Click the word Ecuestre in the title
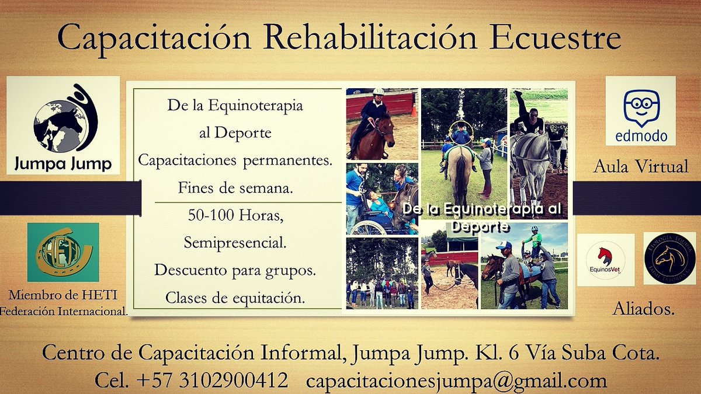[554, 39]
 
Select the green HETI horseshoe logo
[63, 252]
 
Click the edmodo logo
[640, 111]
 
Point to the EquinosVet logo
[605, 260]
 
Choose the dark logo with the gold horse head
[669, 258]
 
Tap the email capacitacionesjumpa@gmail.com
[456, 381]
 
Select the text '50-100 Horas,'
[235, 215]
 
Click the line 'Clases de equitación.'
[235, 298]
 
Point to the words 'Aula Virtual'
[641, 167]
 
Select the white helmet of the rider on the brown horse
[378, 92]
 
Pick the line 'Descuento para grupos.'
[235, 270]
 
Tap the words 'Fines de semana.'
[235, 188]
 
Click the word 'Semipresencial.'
[235, 243]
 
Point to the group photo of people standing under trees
[382, 273]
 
